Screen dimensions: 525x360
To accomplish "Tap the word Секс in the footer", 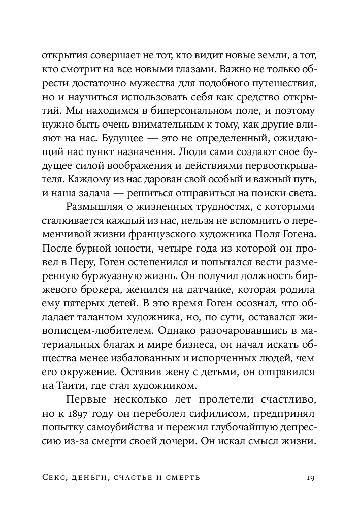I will (x=54, y=478).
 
